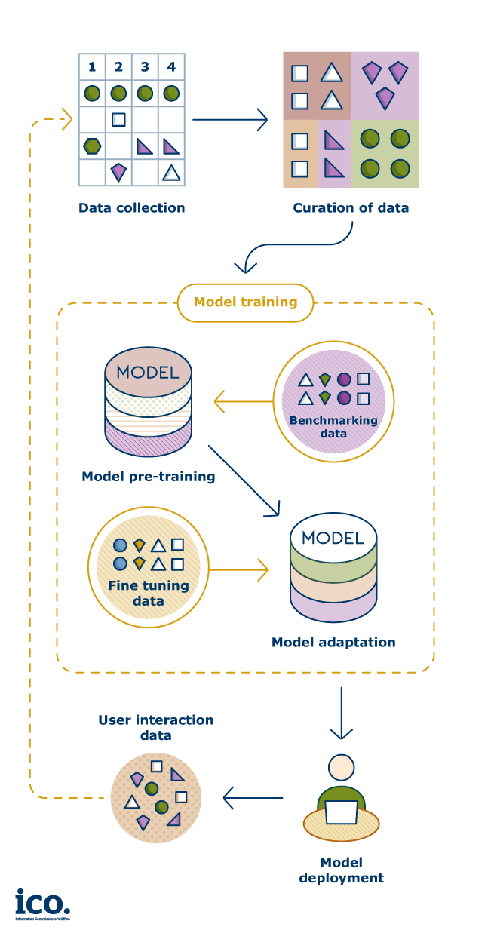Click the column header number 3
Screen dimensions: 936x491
click(x=145, y=67)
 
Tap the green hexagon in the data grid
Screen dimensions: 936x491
click(x=92, y=146)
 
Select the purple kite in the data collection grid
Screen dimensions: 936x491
click(x=118, y=172)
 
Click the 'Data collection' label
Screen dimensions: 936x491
click(x=131, y=207)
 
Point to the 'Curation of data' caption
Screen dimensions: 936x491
click(x=351, y=207)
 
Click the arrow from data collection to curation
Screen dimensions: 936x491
click(x=230, y=119)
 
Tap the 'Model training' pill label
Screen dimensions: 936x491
click(x=245, y=302)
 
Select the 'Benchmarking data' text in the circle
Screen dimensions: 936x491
click(x=333, y=426)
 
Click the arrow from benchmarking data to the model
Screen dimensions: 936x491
click(x=242, y=401)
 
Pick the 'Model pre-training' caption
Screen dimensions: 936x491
click(x=149, y=477)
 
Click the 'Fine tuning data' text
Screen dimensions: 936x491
click(x=148, y=593)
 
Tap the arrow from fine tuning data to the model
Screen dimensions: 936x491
click(x=238, y=569)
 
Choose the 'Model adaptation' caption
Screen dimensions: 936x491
click(x=333, y=643)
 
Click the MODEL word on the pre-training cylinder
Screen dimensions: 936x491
click(x=148, y=372)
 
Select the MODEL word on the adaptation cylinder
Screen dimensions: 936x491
click(x=333, y=538)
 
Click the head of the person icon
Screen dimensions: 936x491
click(x=341, y=767)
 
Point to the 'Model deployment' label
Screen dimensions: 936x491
click(x=341, y=870)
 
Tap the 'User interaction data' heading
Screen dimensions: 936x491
click(x=155, y=727)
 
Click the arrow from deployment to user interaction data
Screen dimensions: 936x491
click(x=253, y=797)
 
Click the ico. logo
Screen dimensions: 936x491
click(x=42, y=903)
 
